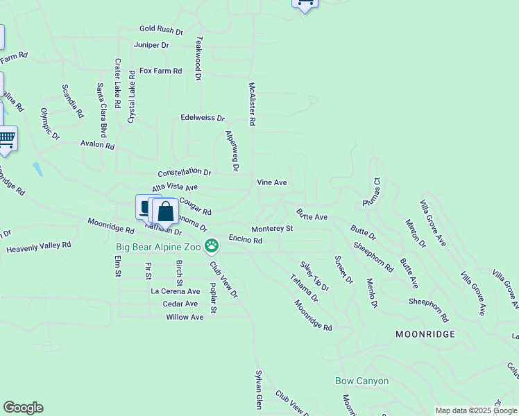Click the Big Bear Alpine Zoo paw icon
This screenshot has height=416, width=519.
212,245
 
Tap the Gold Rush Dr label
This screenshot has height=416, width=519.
160,31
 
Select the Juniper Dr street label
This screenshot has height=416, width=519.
151,45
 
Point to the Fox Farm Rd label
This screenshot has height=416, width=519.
160,71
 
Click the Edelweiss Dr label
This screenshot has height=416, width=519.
203,119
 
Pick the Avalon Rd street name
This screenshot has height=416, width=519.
97,145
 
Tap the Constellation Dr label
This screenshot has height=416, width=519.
184,172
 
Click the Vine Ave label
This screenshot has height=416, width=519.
272,182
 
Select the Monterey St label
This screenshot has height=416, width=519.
272,228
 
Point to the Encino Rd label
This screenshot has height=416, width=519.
245,240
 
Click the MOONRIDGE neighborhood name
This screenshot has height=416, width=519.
425,334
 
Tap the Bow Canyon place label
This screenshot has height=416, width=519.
361,381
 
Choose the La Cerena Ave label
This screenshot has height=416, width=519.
176,292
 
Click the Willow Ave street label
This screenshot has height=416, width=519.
185,317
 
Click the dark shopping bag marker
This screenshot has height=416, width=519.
166,212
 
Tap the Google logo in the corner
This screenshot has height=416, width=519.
23,408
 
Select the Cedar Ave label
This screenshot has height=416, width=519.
180,304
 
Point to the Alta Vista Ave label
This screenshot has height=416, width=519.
175,187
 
